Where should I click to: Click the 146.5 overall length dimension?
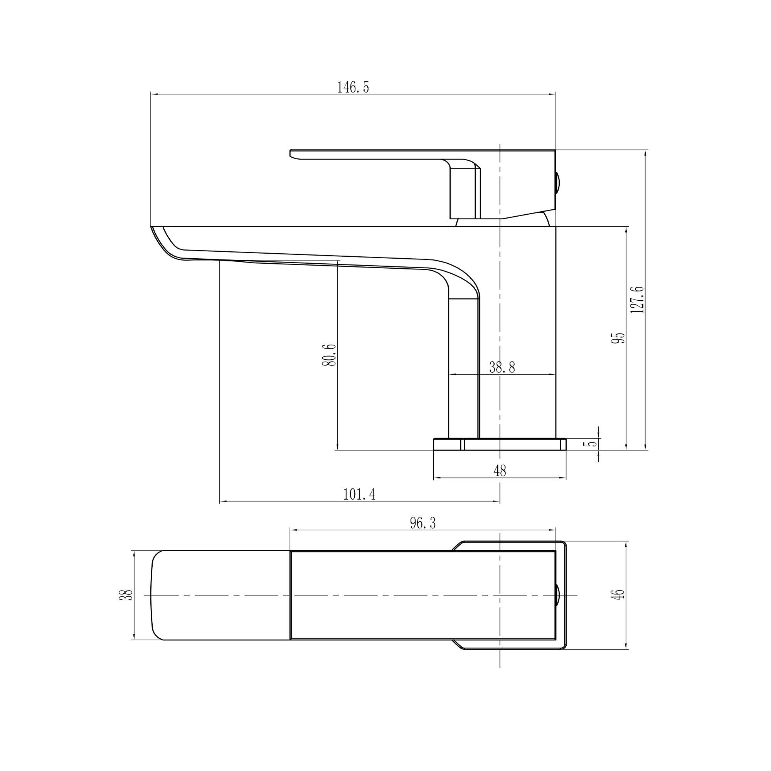tap(353, 87)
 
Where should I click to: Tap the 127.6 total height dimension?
tap(637, 299)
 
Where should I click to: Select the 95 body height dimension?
tap(619, 338)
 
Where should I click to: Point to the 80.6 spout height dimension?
tap(330, 355)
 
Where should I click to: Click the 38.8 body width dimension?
tap(502, 367)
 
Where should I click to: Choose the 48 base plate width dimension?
tap(500, 471)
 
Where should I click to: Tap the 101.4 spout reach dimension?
tap(359, 495)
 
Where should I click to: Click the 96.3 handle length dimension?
tap(423, 523)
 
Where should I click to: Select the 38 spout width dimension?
tap(126, 595)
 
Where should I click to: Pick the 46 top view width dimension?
tap(619, 594)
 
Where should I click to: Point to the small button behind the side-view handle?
tap(557, 182)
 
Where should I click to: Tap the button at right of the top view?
tap(558, 595)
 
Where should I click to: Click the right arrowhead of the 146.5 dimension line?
tap(553, 94)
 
